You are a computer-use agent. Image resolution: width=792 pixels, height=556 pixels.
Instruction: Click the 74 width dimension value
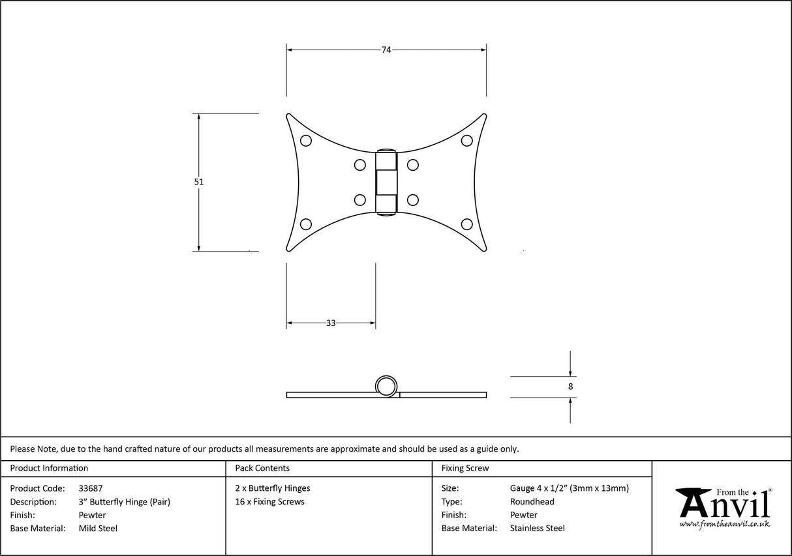[x=386, y=50]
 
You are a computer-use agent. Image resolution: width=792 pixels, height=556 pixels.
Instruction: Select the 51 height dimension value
[x=199, y=182]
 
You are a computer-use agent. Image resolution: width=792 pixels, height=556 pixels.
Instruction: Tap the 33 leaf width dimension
[x=331, y=323]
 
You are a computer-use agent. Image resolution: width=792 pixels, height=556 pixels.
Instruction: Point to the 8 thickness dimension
[x=571, y=387]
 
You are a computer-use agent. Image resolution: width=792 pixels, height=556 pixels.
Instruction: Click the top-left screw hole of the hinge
[x=305, y=140]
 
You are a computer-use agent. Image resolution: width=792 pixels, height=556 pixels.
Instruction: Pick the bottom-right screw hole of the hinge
[x=466, y=224]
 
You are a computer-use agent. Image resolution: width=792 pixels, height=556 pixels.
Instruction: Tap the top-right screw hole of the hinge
[x=466, y=140]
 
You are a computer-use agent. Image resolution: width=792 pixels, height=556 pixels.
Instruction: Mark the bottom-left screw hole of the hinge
[x=305, y=224]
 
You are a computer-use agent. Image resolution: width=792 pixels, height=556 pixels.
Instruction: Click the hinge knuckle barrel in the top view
[x=386, y=182]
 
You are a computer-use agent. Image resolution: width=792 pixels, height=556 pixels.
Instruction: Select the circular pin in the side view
[x=386, y=385]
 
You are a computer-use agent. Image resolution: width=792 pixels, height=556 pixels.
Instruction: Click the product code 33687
[x=90, y=488]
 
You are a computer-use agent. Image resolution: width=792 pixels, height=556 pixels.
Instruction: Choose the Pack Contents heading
[x=262, y=468]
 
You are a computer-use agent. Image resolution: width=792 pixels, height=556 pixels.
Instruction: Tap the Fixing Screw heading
[x=465, y=468]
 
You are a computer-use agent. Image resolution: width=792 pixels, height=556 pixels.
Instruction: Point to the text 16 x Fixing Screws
[x=269, y=502]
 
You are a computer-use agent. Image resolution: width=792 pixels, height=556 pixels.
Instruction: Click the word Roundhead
[x=532, y=502]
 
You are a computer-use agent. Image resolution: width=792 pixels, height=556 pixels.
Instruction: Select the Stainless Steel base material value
[x=538, y=529]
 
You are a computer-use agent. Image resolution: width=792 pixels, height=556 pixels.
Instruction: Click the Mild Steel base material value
[x=98, y=529]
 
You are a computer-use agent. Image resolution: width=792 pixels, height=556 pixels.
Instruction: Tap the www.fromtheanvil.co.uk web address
[x=724, y=523]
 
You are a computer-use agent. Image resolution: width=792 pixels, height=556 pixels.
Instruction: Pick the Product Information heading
[x=49, y=468]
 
